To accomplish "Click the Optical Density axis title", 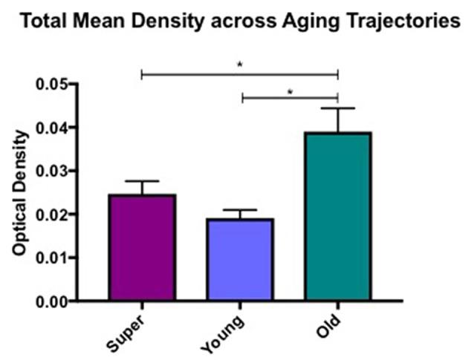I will [20, 193].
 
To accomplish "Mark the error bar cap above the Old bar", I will [338, 109].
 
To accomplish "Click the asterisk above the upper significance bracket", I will [239, 65].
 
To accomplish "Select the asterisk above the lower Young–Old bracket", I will [290, 91].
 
